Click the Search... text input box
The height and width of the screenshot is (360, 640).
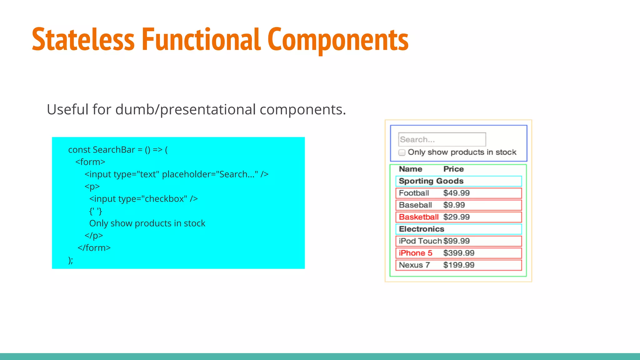click(x=442, y=139)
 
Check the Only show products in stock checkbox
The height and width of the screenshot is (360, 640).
click(x=402, y=152)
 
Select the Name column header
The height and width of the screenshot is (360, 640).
click(x=410, y=169)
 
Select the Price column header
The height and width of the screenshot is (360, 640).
click(x=453, y=169)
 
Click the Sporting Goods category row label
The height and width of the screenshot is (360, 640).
click(x=431, y=181)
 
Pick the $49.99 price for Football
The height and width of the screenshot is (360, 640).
click(x=456, y=193)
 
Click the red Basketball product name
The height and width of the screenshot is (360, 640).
click(x=419, y=217)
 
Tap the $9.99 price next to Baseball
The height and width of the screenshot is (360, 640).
click(x=454, y=205)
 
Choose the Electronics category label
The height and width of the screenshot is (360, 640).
click(x=421, y=229)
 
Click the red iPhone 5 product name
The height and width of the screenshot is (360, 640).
click(x=415, y=253)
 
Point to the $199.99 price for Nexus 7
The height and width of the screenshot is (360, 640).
click(x=458, y=265)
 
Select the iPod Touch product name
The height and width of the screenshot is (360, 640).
click(x=420, y=241)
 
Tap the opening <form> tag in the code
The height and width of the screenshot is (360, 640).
click(x=90, y=162)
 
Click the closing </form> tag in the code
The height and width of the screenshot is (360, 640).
click(x=94, y=248)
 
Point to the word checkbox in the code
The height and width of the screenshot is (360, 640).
click(x=166, y=199)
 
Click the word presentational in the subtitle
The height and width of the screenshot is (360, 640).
click(x=208, y=110)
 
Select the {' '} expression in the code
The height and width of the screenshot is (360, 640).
click(x=96, y=211)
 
